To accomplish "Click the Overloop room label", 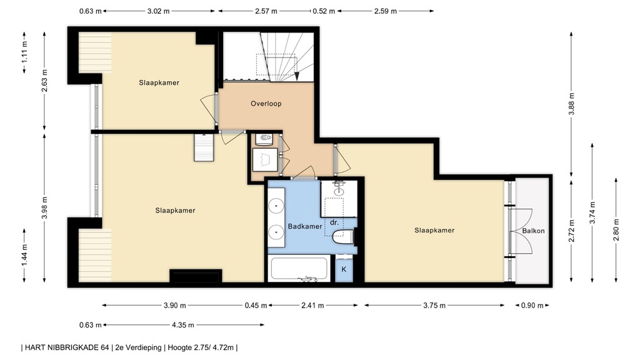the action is pos(266,104).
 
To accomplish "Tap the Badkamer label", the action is pos(305,226).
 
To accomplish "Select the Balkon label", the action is pos(534,231).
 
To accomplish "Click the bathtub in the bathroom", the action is pos(299,269).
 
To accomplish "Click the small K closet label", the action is pos(344,269).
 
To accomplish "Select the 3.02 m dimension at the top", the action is pos(158,11).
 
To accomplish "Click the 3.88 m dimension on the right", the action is pos(571,104).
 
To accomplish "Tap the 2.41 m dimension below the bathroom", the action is pos(312,305).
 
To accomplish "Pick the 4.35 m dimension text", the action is pos(182,325).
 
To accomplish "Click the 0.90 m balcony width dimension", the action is pos(532,305).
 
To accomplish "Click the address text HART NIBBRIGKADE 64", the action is pos(67,347).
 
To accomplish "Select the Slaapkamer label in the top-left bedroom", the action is pos(159,83).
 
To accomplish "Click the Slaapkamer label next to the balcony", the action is pos(434,230).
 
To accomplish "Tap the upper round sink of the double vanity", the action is pos(277,206).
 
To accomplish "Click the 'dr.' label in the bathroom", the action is pos(334,223).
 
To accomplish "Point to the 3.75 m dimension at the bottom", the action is pos(434,305).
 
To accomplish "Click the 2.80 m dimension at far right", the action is pos(616,230).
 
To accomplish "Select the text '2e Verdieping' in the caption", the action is pos(139,347).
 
